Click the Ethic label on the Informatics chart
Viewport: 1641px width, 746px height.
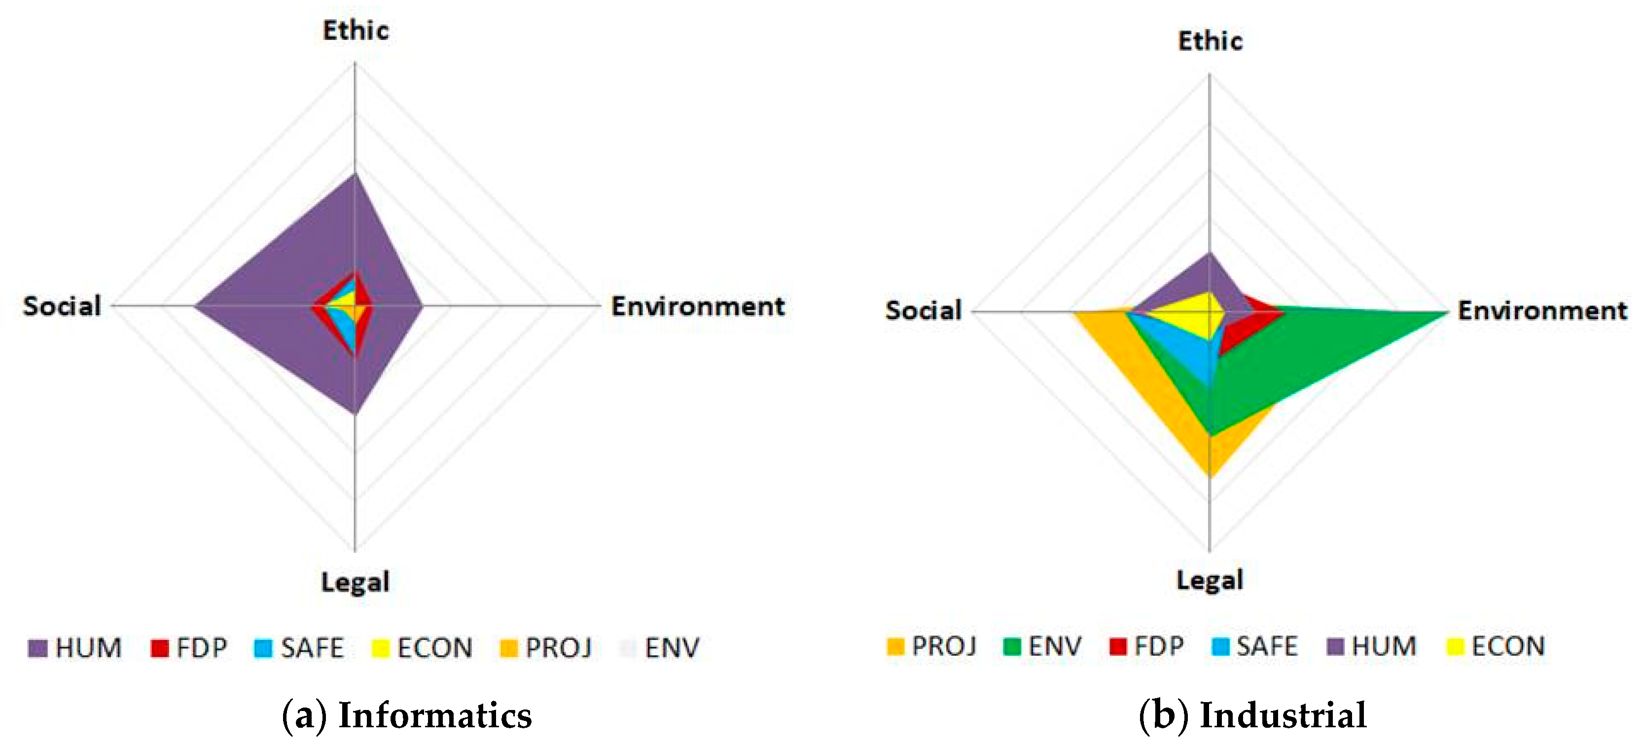pos(356,31)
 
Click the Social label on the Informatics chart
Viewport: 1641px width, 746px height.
pos(62,306)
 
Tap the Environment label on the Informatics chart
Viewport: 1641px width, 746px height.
pos(698,306)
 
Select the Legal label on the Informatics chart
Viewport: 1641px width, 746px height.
pos(355,582)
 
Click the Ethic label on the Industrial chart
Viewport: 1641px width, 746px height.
pos(1210,41)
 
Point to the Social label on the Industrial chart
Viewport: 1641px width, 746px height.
pos(923,310)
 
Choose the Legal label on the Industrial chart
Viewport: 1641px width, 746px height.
pos(1209,580)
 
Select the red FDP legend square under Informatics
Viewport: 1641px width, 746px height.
pos(159,648)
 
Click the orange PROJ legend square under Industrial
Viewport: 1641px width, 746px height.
pos(895,646)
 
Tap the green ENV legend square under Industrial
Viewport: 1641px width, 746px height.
pos(1012,646)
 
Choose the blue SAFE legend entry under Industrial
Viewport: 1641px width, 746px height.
pos(1254,646)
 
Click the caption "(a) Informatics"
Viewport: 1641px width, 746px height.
pos(406,715)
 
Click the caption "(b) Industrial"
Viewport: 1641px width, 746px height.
pos(1252,715)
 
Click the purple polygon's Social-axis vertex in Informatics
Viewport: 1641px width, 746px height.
pos(196,306)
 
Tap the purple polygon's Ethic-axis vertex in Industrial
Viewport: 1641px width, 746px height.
pos(1209,253)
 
